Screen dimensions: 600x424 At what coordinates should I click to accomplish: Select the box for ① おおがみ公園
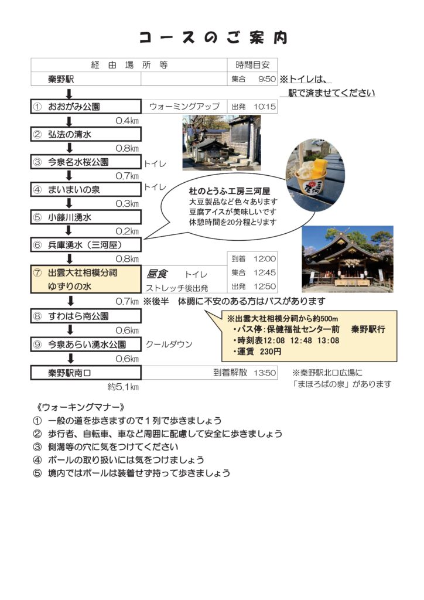86,107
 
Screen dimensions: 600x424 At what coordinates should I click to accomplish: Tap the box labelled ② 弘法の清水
86,134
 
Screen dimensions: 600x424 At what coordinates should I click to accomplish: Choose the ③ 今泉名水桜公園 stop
86,162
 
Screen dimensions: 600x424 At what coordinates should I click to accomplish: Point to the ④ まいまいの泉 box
86,189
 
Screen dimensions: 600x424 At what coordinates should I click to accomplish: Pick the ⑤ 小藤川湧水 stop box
86,217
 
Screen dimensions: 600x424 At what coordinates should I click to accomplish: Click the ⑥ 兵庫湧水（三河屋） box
86,244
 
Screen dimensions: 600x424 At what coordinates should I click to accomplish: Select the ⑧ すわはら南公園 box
86,316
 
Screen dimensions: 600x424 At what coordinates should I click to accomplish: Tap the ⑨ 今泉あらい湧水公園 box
86,345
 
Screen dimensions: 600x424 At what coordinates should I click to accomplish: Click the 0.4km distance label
127,121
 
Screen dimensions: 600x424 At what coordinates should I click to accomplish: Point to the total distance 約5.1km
124,387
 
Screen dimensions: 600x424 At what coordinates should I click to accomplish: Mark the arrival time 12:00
265,258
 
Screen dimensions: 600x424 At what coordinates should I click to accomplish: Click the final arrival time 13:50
265,373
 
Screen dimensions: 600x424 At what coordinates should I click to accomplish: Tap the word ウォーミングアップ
184,107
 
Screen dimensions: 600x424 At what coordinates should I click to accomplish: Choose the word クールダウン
169,345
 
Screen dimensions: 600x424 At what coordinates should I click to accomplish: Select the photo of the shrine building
347,259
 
